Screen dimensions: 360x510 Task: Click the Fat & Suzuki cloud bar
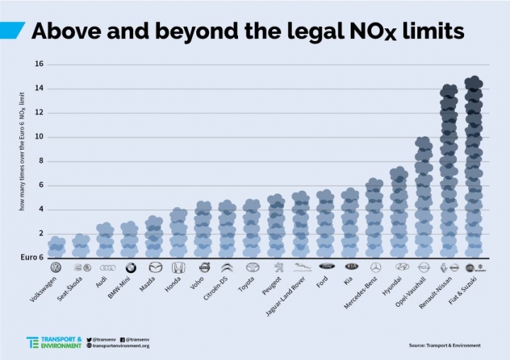tap(474, 167)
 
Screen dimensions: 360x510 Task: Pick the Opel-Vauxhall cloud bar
tap(424, 197)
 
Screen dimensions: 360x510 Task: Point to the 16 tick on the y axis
tap(40, 64)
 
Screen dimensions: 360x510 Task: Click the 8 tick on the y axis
tap(41, 161)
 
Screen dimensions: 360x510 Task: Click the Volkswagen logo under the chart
tap(57, 267)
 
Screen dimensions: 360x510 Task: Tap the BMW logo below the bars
tap(131, 267)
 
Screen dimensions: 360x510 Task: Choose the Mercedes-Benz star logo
tap(375, 267)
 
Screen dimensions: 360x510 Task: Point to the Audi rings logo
tap(107, 267)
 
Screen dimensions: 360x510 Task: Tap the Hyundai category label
tap(392, 288)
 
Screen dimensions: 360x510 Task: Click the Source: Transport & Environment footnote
tap(444, 345)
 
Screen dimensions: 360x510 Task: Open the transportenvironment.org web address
tap(120, 346)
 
